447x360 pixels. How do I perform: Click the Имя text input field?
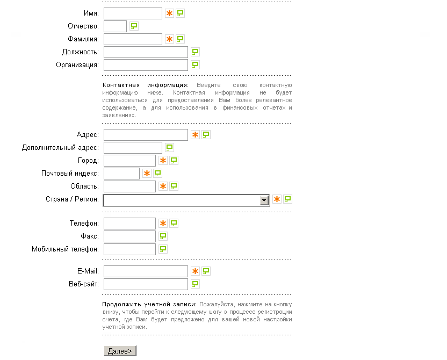133,13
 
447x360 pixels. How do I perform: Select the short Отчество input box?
115,26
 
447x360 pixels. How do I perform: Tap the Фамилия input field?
133,39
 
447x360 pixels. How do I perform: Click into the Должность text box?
146,52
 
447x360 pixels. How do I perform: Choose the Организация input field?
146,65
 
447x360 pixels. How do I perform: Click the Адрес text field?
146,135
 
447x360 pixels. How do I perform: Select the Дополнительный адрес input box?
133,148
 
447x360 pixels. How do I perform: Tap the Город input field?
129,161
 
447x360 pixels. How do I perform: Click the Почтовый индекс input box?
121,174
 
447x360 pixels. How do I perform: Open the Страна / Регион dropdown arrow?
264,200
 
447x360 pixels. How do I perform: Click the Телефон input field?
129,224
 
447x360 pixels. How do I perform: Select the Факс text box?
129,236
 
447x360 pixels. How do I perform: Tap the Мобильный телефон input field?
129,249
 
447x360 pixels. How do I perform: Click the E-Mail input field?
146,271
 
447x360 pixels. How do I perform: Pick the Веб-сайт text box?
146,284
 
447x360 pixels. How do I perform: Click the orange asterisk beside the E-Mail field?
196,271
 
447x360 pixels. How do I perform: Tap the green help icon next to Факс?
163,236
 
